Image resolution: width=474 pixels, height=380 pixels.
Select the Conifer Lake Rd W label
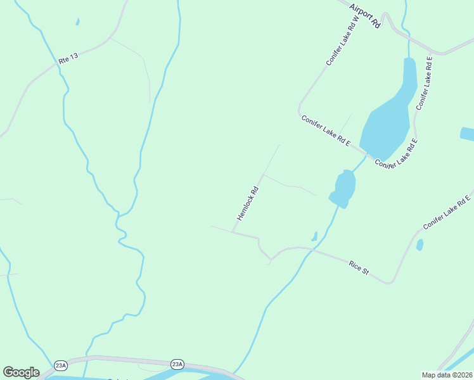(343, 41)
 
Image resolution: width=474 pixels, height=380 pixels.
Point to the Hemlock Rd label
(248, 203)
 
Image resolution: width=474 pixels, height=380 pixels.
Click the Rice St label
(359, 267)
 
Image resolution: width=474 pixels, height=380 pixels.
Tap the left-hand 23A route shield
(61, 365)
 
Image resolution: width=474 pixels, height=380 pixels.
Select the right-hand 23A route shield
(177, 364)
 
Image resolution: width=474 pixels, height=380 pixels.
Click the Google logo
(21, 372)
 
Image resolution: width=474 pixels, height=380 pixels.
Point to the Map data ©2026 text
(447, 374)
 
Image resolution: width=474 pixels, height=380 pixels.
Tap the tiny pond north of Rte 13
(77, 22)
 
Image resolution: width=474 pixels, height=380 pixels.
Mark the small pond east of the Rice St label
(420, 244)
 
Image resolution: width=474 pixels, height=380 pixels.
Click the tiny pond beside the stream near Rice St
(314, 236)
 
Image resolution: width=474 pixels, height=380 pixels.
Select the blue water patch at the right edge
(467, 134)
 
